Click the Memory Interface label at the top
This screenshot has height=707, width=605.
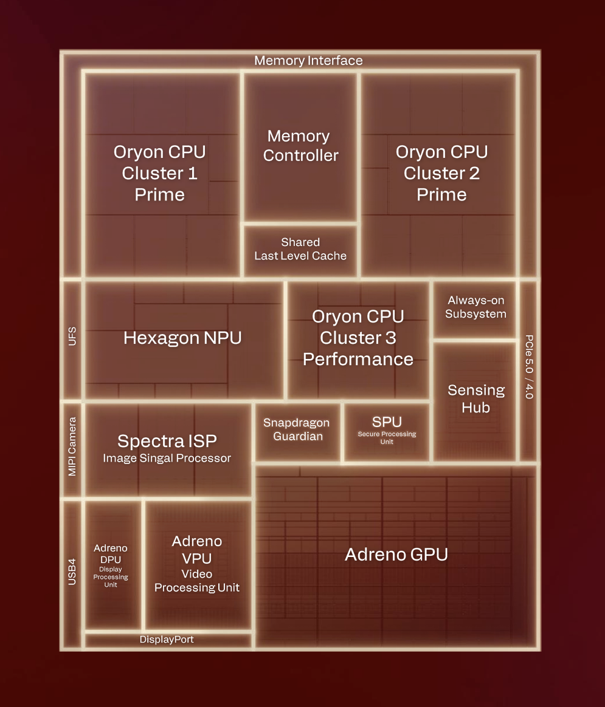(308, 61)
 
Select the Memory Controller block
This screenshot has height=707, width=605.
(300, 146)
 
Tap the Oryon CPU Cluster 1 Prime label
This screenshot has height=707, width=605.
(159, 173)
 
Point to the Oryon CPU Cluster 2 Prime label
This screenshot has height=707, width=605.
(441, 173)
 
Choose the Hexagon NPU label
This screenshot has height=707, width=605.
(182, 338)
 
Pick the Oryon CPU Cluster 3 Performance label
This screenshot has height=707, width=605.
(358, 338)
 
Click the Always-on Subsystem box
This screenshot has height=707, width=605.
(475, 307)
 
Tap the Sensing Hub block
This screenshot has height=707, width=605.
(475, 399)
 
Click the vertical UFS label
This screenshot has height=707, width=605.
(72, 337)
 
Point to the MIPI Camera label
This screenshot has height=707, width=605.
(72, 446)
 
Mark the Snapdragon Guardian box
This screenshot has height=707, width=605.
(297, 429)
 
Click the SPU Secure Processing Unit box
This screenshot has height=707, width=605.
(387, 429)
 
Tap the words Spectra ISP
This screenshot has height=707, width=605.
(167, 441)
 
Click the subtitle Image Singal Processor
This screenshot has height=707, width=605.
(167, 459)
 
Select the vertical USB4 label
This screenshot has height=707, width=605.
(72, 572)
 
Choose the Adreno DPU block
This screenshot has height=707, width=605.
(111, 565)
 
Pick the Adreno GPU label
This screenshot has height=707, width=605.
(396, 555)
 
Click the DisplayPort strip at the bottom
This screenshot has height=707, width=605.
(167, 640)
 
